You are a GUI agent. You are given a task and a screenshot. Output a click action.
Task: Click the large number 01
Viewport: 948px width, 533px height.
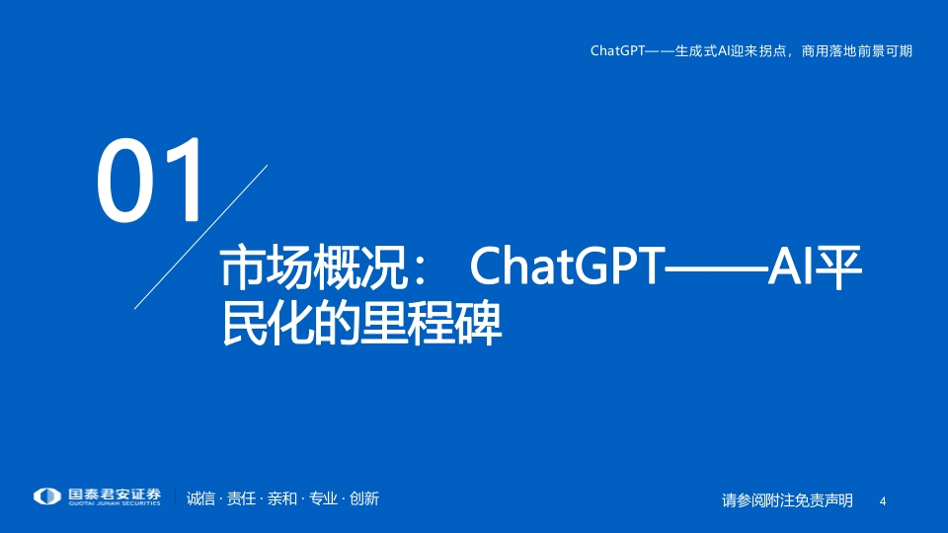coord(150,180)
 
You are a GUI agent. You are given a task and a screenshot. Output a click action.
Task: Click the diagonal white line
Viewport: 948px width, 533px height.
coord(200,237)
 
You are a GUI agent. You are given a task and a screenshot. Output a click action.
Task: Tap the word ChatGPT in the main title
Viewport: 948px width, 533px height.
coord(567,266)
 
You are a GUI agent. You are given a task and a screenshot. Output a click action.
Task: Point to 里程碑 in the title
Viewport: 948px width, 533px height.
coord(432,324)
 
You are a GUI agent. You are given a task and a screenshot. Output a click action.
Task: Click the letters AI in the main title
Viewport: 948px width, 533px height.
coord(790,266)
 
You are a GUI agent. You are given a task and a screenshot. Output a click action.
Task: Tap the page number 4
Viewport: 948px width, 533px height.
coord(883,501)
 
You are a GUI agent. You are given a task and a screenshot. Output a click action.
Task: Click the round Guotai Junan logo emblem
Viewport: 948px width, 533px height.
coord(47,496)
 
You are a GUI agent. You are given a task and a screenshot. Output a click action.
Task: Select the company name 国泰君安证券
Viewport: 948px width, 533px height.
coord(115,495)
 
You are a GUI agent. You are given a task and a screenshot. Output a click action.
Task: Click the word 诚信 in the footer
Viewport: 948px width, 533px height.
coord(200,498)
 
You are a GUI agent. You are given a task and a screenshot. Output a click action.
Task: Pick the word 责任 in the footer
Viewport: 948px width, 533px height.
coord(241,498)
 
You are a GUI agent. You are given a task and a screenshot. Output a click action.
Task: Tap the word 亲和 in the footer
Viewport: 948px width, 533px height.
coord(282,498)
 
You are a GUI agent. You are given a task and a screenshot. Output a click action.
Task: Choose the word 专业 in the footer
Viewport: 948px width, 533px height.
coord(323,498)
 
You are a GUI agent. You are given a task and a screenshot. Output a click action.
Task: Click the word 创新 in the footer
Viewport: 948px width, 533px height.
coord(364,498)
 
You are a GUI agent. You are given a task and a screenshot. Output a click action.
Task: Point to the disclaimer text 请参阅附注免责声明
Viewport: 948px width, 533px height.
coord(787,500)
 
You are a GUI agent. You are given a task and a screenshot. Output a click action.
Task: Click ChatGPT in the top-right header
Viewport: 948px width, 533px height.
coord(618,50)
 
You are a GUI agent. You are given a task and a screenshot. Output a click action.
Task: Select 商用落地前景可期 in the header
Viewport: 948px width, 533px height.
coord(857,50)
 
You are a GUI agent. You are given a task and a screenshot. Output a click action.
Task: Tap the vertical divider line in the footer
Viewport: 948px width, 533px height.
coord(176,496)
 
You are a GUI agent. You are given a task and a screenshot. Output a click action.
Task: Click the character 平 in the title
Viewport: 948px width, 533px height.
coord(838,266)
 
